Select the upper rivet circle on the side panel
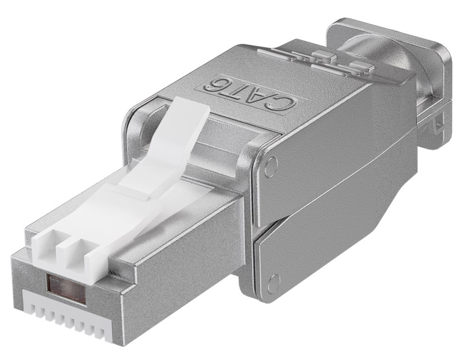(269, 168)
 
